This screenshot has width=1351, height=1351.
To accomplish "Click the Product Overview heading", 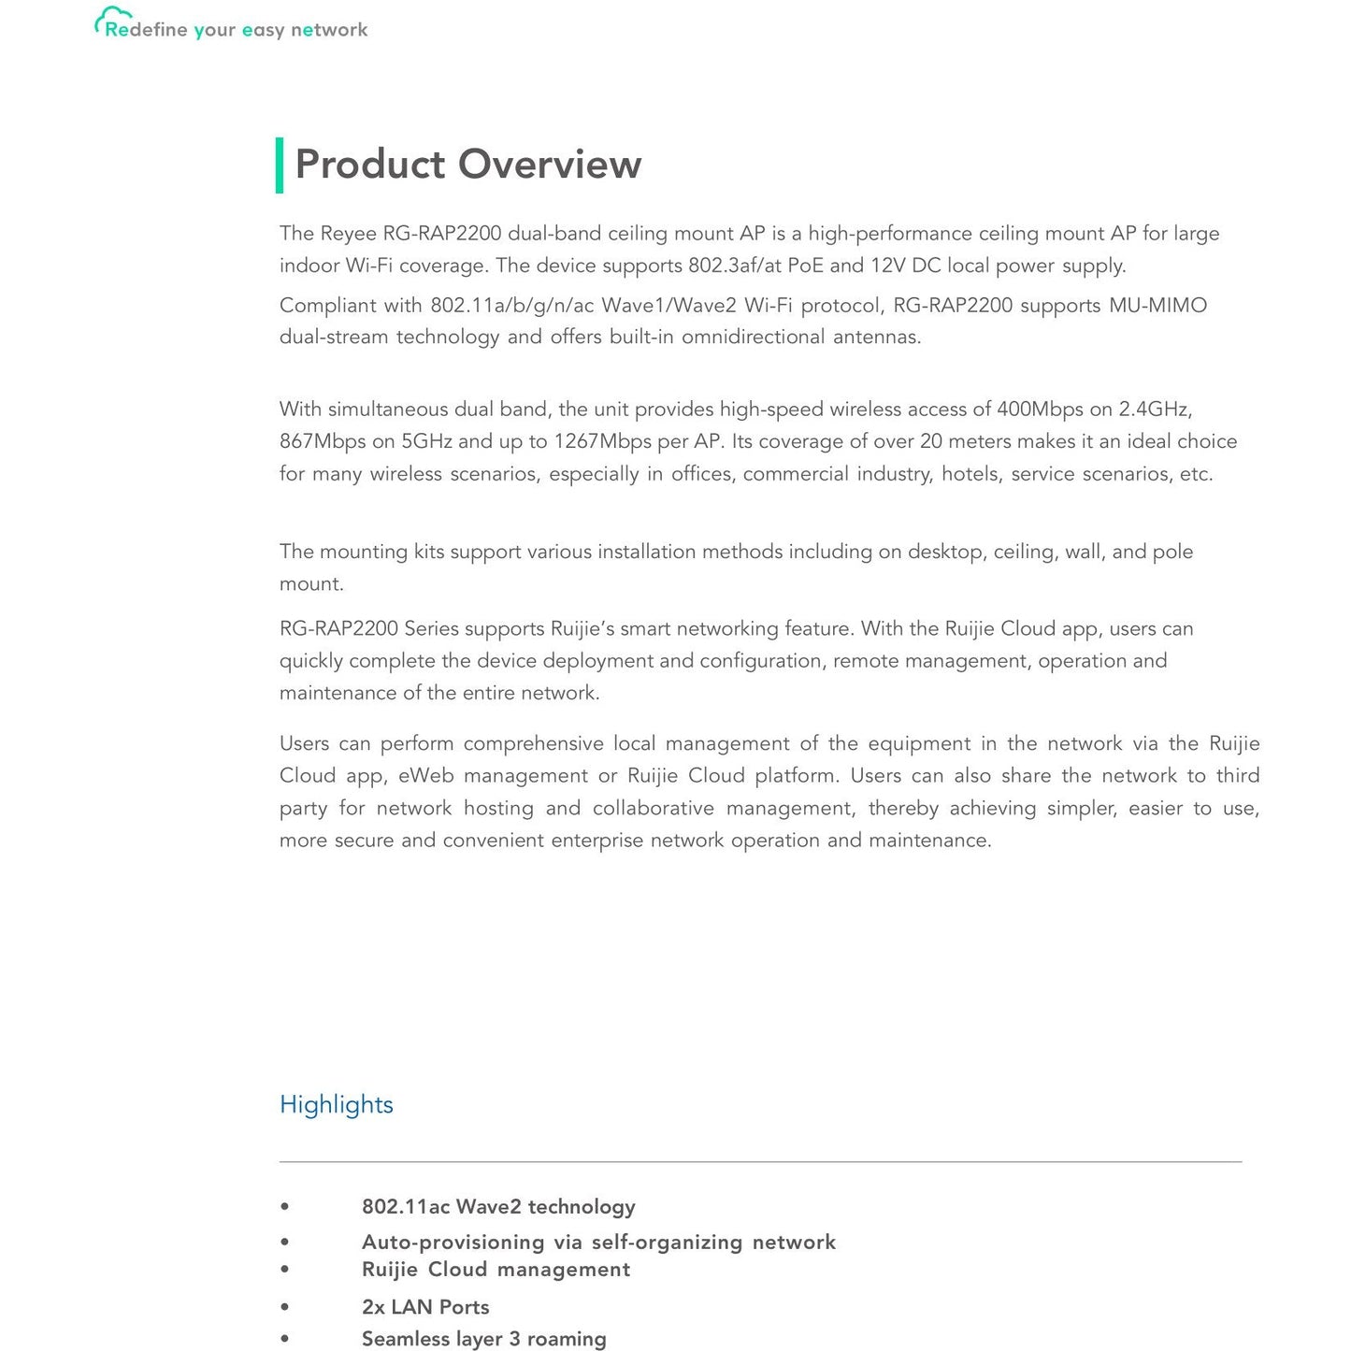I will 467,165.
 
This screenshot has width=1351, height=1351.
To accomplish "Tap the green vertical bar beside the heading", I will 280,165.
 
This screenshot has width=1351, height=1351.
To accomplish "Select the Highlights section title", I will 336,1104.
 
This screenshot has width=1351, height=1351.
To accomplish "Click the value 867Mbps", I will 323,441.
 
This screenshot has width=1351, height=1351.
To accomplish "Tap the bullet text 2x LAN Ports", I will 425,1307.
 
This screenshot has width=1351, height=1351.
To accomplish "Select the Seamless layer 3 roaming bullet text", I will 483,1339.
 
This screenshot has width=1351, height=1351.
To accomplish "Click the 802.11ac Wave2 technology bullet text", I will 498,1207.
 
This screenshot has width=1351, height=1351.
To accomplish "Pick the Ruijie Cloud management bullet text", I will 496,1270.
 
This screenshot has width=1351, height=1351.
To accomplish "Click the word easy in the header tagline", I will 263,30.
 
